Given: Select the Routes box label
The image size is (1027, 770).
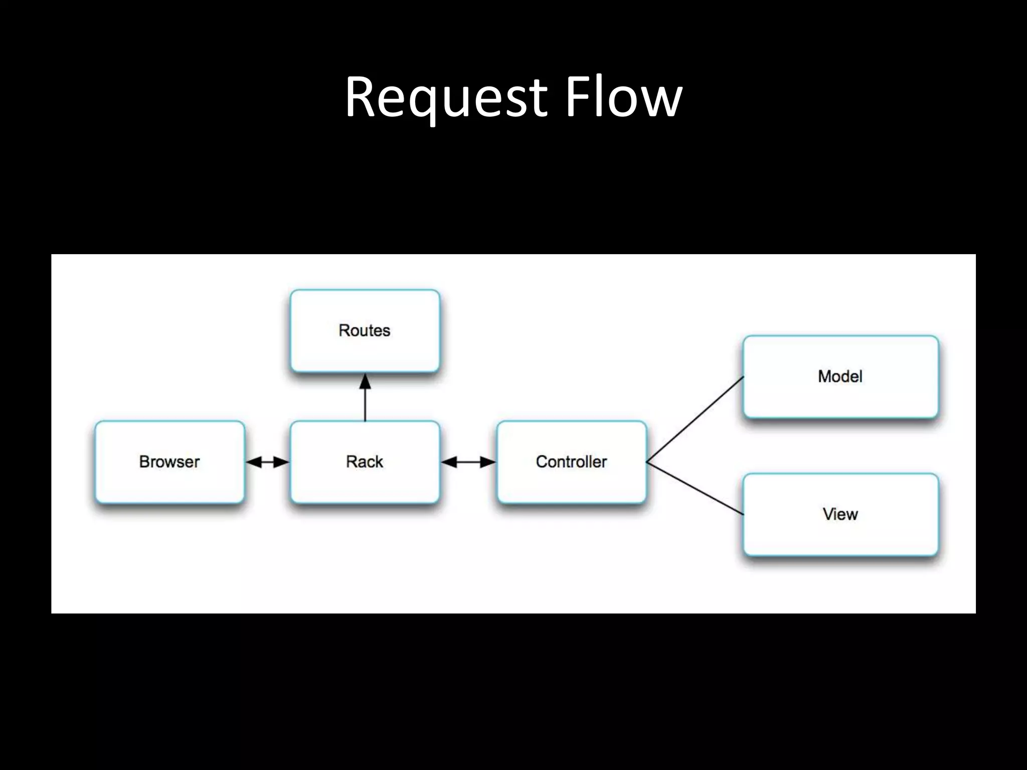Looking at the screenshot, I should click(x=365, y=330).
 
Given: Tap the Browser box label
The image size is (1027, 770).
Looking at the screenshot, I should click(x=169, y=462).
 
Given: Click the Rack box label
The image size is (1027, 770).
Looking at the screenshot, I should click(x=365, y=462).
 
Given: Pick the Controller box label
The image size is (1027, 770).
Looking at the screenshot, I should click(x=571, y=462).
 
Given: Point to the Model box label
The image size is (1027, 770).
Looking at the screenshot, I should click(x=840, y=376).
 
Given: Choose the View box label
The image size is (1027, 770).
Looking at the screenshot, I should click(x=840, y=514).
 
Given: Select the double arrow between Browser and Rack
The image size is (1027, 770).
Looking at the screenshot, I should click(x=268, y=462).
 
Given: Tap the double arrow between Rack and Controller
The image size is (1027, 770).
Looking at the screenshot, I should click(x=468, y=462).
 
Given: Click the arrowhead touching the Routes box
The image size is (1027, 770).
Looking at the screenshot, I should click(x=365, y=382).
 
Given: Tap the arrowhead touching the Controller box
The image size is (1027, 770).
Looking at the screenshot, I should click(x=487, y=462).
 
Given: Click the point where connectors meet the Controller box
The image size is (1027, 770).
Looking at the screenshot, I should click(x=647, y=462).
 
